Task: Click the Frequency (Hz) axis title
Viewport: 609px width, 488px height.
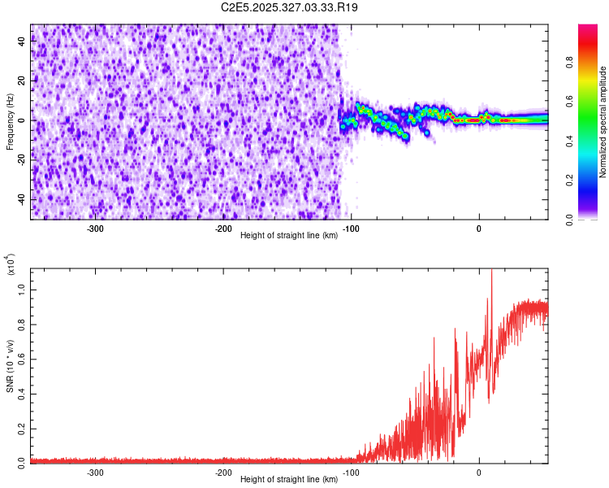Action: [10, 122]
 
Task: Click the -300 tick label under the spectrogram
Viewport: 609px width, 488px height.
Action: [95, 229]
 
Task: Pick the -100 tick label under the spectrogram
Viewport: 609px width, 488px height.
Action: [351, 229]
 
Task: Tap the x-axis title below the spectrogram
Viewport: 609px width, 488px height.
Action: [289, 235]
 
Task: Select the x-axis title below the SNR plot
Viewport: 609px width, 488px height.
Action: [289, 479]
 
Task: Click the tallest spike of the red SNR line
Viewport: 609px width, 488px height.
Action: [491, 272]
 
